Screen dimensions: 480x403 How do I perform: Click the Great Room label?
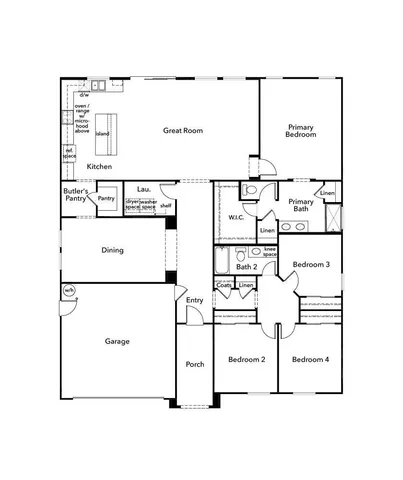[184, 130]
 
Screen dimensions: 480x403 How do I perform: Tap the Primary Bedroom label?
[301, 131]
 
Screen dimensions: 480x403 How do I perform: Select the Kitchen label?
[99, 166]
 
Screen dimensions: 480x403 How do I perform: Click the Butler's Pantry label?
[76, 195]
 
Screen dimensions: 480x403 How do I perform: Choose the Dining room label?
[112, 250]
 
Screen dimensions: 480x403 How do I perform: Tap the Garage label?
[117, 341]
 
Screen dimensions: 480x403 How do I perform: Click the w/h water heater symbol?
[69, 291]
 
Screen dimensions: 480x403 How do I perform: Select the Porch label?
[195, 364]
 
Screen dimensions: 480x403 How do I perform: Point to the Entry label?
[194, 300]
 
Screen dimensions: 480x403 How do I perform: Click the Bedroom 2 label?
[246, 359]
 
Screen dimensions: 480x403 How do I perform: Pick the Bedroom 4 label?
[310, 359]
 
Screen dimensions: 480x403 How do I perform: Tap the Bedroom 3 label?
[311, 264]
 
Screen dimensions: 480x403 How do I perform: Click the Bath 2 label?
[247, 267]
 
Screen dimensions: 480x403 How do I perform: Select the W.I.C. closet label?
[237, 217]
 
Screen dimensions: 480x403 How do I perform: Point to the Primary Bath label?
[301, 206]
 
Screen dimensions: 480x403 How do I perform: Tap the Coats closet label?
[225, 285]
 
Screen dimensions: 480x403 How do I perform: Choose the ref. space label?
[69, 154]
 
